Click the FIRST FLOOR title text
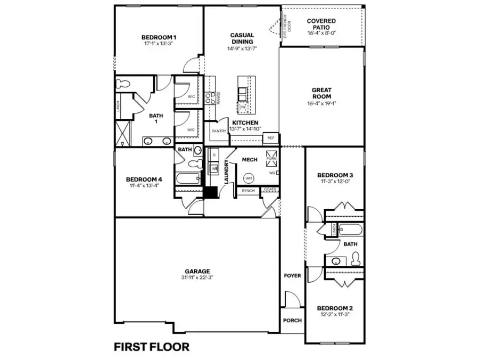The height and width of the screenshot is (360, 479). click(x=152, y=347)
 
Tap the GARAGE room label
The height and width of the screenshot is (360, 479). click(x=197, y=271)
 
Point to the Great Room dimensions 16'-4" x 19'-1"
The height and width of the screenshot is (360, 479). click(x=321, y=104)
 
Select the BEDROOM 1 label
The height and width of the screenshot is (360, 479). click(x=159, y=37)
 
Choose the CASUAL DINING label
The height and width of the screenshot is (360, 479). click(x=242, y=38)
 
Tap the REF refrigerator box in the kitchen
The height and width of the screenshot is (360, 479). click(x=271, y=138)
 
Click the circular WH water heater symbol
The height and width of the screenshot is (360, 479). click(x=248, y=177)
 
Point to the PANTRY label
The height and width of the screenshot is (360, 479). click(x=219, y=130)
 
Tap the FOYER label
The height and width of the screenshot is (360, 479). click(x=292, y=276)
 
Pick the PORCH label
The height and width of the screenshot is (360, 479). click(x=292, y=321)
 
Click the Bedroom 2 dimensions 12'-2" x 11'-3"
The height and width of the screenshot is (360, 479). click(x=334, y=315)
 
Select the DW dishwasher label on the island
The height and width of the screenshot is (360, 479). click(x=243, y=107)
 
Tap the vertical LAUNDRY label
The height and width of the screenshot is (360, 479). click(x=226, y=171)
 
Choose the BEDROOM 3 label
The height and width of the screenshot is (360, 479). click(x=335, y=175)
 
